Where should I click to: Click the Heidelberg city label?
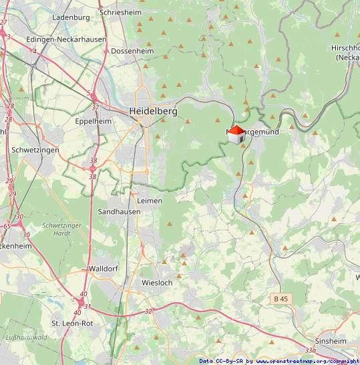pos(153,112)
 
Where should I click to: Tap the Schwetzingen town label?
pos(35,150)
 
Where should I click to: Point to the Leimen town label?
pos(149,200)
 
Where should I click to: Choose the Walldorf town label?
pos(102,269)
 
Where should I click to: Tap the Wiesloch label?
pos(157,283)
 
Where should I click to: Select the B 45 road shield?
pos(282,297)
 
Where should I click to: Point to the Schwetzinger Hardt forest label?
pos(61,230)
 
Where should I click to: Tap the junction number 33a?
pos(309,350)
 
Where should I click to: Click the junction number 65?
pos(6,227)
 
